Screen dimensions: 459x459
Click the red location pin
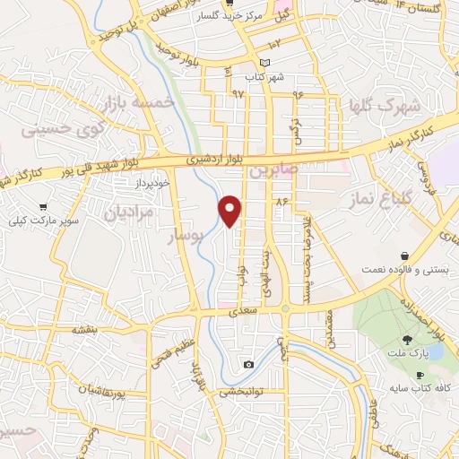[x=231, y=210]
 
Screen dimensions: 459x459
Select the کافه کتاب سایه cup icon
[x=419, y=376]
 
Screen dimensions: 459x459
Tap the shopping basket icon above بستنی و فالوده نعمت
[x=406, y=255]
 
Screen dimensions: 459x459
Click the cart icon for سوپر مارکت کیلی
[x=43, y=207]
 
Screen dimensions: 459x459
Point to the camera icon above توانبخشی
[x=248, y=364]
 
